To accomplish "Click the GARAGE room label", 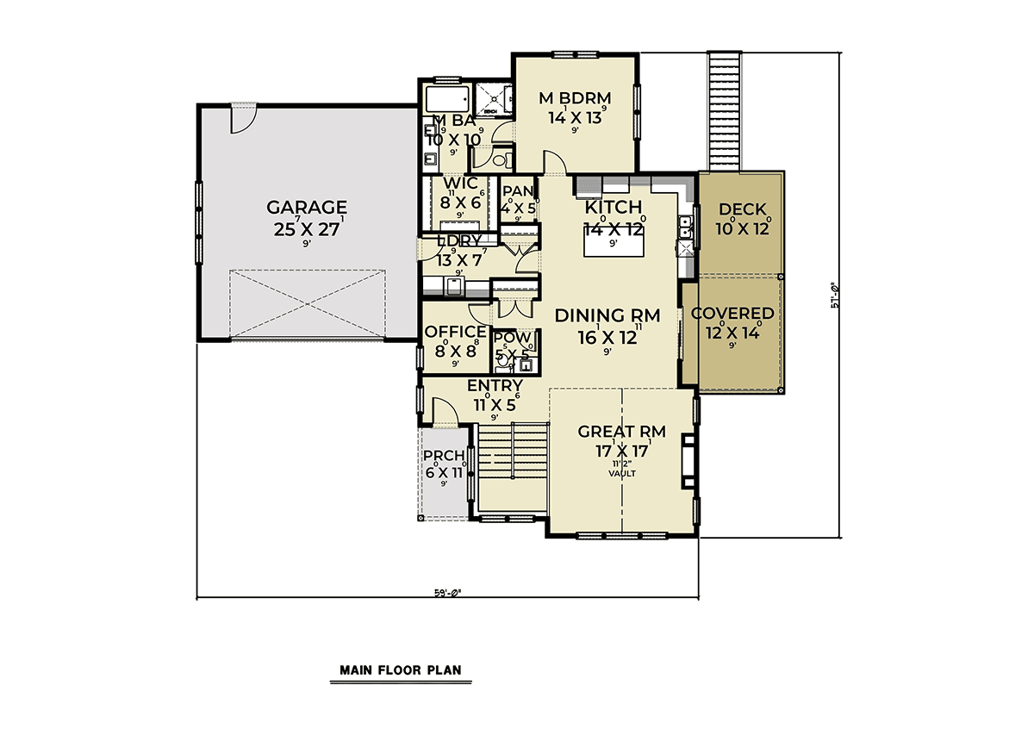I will pyautogui.click(x=306, y=208).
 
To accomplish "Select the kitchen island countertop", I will pyautogui.click(x=613, y=245).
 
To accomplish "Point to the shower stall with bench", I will pyautogui.click(x=491, y=99).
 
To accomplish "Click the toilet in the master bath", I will pyautogui.click(x=504, y=160).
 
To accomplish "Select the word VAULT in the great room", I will pyautogui.click(x=620, y=473).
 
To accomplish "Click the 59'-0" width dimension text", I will pyautogui.click(x=447, y=593).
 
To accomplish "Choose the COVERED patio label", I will pyautogui.click(x=732, y=314).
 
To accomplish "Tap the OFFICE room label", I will pyautogui.click(x=456, y=332).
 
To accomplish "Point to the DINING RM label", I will pyautogui.click(x=607, y=316).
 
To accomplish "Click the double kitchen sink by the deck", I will pyautogui.click(x=686, y=227).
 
